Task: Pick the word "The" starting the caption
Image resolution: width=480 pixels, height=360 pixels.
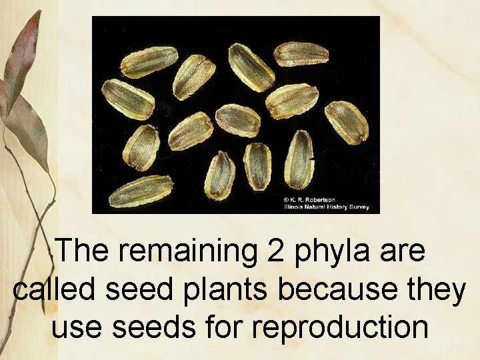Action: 80,252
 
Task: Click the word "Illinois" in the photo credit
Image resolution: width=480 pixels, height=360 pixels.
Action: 294,207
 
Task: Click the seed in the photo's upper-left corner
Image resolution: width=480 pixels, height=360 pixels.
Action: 148,61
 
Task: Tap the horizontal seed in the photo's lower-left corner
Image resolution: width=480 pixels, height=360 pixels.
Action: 141,191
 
